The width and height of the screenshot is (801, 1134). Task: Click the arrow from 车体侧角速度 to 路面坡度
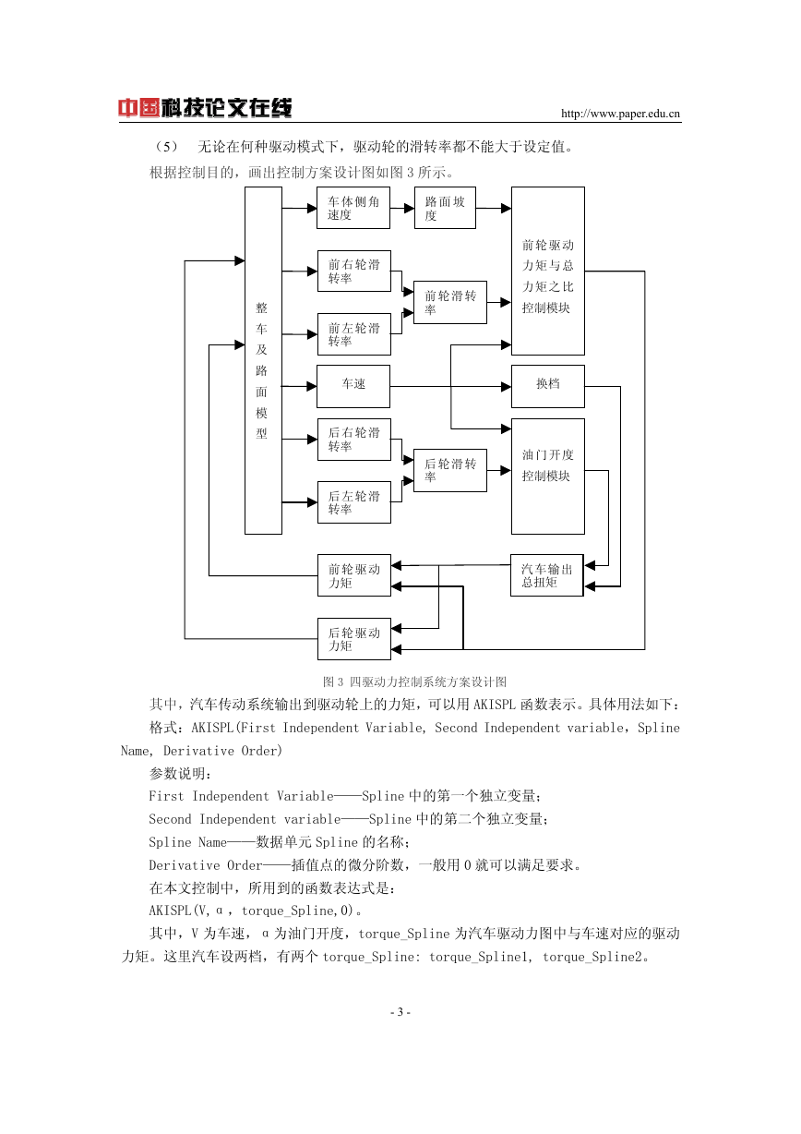pyautogui.click(x=402, y=208)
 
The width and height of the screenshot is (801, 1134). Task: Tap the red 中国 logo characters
pyautogui.click(x=138, y=108)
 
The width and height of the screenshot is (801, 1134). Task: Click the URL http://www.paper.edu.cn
pyautogui.click(x=620, y=114)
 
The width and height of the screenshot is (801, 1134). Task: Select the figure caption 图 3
pyautogui.click(x=333, y=682)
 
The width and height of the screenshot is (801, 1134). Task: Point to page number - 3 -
pyautogui.click(x=400, y=1012)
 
